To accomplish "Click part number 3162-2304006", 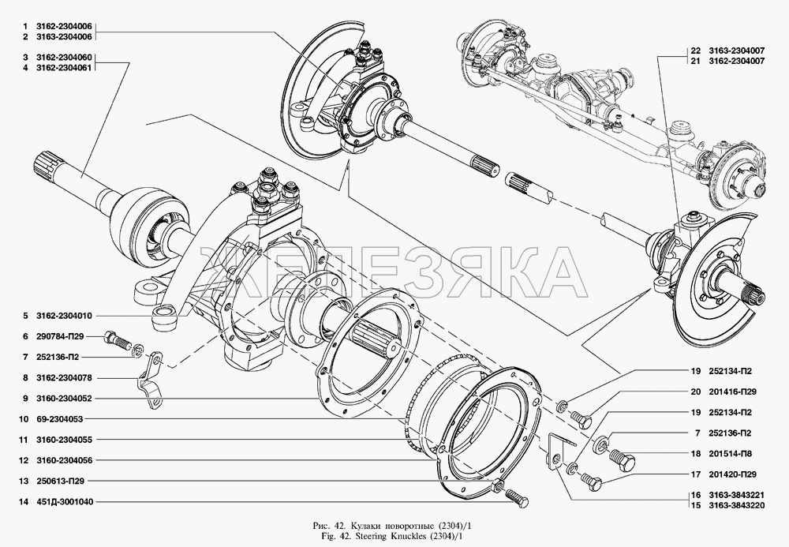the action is click(x=63, y=27).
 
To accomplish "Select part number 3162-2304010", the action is click(x=63, y=316).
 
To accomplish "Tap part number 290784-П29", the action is click(x=60, y=337).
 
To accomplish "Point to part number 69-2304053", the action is click(x=59, y=419).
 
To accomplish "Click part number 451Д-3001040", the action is click(x=65, y=502).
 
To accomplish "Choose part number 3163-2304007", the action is click(x=737, y=51).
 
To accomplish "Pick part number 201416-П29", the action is click(x=733, y=392).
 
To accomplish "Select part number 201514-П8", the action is click(x=730, y=453).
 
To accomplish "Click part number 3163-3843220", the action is click(x=737, y=505).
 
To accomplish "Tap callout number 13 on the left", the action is click(x=23, y=481).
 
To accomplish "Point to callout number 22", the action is click(x=695, y=51).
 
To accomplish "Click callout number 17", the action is click(x=695, y=474).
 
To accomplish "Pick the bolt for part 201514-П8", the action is click(x=623, y=458).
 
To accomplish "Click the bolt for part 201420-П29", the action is click(x=591, y=482).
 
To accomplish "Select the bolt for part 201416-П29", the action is click(x=581, y=418).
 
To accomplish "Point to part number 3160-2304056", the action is click(x=63, y=460).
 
